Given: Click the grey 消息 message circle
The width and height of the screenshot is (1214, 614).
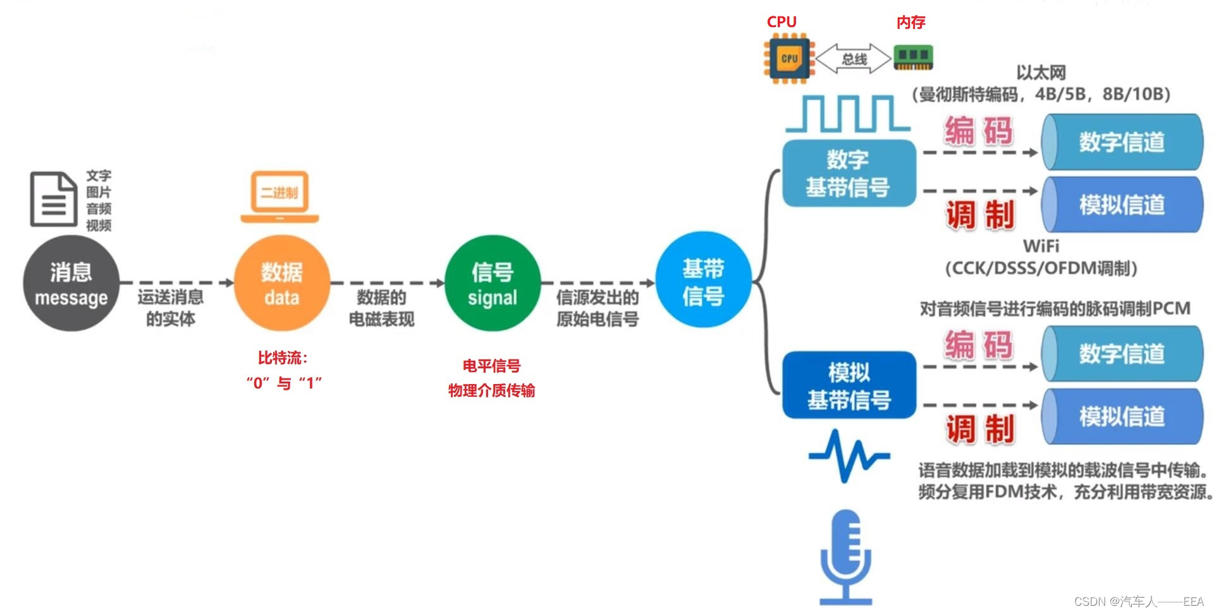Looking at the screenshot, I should coord(71,284).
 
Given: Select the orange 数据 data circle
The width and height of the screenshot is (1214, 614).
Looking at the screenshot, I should coord(282,284).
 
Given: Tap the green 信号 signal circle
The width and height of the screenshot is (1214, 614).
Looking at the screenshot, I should coord(493,284).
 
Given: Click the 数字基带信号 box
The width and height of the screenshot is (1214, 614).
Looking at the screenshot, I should coord(849,173).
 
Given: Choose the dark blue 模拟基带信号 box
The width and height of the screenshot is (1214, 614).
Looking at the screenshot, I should coord(849,385).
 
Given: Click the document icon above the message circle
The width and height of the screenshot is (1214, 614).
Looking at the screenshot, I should coord(54,199).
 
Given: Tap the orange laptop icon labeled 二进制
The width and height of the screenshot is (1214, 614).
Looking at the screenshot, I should coord(279,196).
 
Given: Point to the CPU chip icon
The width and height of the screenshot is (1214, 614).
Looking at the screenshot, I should coord(789,59).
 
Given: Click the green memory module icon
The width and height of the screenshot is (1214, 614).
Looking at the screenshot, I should coord(913,57).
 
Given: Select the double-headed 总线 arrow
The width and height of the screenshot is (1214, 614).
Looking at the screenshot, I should coord(854,59).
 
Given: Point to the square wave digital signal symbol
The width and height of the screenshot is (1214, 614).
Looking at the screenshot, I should coord(847,114).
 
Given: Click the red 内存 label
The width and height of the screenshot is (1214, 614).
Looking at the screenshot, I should coord(910,23).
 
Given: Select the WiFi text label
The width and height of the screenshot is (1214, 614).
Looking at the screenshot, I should coord(1041,246).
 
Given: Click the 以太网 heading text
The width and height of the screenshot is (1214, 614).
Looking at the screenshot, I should coord(1041,73).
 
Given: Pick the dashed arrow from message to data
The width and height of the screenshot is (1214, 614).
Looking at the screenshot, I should coord(176,283).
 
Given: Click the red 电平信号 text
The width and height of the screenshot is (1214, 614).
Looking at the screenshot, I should coord(491,366).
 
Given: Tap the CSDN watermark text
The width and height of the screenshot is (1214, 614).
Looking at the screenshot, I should coord(1138,601).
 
